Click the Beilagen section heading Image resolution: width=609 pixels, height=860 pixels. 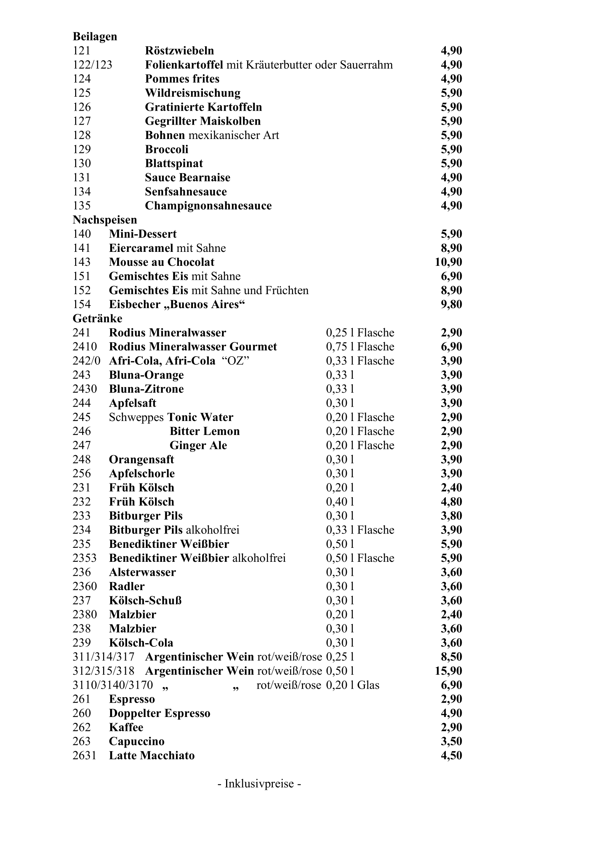95,36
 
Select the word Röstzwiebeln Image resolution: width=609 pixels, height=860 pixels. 179,51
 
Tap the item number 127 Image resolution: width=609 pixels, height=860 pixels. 82,121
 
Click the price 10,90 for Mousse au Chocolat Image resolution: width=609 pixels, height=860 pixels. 448,262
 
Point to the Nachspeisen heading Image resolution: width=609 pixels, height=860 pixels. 105,220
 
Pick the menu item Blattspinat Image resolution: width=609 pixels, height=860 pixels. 174,163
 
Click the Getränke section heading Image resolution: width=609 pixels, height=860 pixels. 98,318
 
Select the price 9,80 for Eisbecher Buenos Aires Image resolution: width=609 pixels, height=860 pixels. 451,304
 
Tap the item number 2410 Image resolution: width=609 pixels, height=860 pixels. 85,346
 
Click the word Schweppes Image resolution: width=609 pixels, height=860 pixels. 137,417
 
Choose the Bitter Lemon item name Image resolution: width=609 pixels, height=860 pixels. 204,431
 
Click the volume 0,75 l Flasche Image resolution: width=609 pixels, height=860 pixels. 360,346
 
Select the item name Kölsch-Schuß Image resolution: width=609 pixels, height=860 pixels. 145,600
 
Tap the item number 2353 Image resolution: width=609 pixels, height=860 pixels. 84,558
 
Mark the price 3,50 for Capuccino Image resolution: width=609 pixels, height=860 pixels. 451,741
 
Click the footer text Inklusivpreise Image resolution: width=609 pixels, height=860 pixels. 259,784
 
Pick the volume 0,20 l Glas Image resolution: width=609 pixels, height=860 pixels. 352,685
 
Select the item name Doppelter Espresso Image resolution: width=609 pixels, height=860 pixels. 159,713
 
